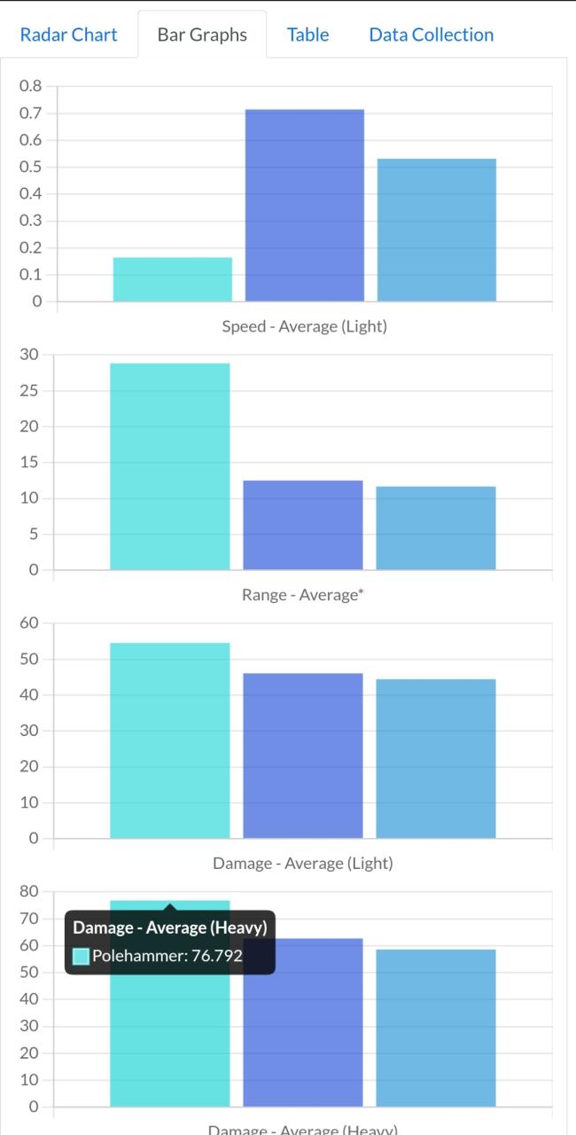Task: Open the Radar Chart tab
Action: [x=68, y=35]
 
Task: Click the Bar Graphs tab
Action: [x=202, y=35]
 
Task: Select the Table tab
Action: [x=307, y=35]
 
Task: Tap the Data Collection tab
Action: [x=431, y=35]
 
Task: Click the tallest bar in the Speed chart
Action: [x=304, y=205]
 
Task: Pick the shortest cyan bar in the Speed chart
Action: [x=173, y=279]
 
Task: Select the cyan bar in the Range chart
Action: [x=169, y=466]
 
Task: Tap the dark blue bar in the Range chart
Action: [x=302, y=525]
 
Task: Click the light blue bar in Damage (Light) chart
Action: [x=435, y=758]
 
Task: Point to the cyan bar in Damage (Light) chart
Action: [x=169, y=740]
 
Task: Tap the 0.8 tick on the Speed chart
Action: [x=30, y=86]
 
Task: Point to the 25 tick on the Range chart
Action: [x=30, y=390]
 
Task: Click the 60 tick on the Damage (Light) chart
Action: [x=30, y=622]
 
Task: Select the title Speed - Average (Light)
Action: [x=304, y=326]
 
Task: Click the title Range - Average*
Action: [x=302, y=595]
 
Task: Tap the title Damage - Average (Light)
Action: [x=302, y=863]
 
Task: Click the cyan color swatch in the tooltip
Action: [x=81, y=956]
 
